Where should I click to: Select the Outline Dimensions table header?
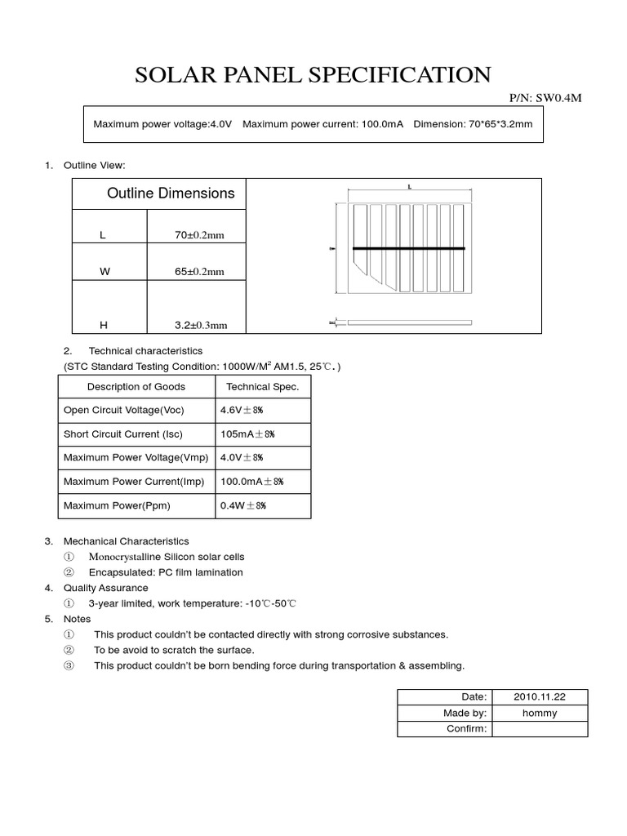click(171, 193)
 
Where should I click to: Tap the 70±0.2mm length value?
click(198, 235)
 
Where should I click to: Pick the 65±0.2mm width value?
click(198, 272)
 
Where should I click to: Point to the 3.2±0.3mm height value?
click(200, 325)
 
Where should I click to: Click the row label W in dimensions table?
click(104, 272)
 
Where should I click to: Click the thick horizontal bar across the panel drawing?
click(408, 248)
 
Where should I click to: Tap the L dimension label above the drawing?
click(409, 187)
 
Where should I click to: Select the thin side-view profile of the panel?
click(409, 323)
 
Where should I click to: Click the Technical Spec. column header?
click(262, 387)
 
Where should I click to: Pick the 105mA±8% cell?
click(251, 434)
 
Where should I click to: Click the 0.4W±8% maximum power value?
click(243, 505)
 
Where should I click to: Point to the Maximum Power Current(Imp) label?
click(134, 482)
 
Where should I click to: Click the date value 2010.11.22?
click(539, 696)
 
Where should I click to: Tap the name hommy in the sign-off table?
click(539, 713)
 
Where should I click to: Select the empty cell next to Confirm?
click(539, 728)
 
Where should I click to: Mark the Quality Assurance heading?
click(106, 588)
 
